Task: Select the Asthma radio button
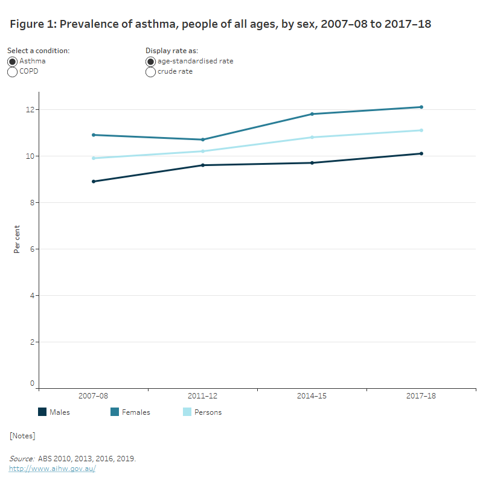click(12, 62)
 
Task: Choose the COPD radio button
click(12, 72)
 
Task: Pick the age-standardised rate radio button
click(150, 62)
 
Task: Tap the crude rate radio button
click(150, 72)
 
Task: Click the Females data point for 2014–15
click(312, 114)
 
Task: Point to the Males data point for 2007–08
click(94, 181)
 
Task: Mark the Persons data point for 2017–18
click(421, 130)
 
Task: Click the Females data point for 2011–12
click(203, 139)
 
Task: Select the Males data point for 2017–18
click(421, 153)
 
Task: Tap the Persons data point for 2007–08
click(94, 158)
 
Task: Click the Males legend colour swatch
click(42, 412)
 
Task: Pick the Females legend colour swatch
click(115, 412)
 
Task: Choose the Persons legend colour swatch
click(187, 412)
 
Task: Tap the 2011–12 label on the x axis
click(203, 396)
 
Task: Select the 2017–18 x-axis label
click(421, 396)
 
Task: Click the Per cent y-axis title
click(17, 239)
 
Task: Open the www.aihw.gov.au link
click(52, 469)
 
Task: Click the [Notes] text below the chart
click(22, 435)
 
